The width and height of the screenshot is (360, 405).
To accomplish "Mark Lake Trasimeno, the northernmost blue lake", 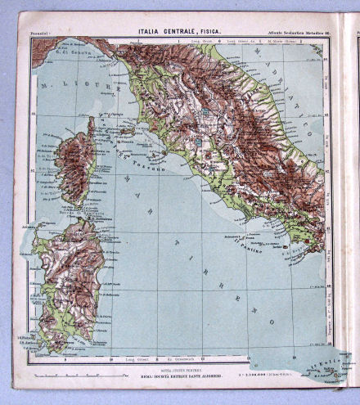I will point(205,115).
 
